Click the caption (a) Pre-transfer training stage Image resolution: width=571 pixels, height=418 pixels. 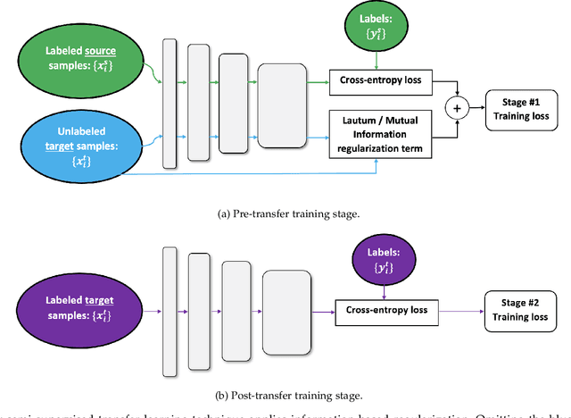[285, 213]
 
